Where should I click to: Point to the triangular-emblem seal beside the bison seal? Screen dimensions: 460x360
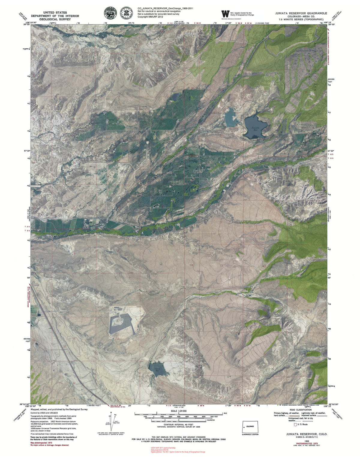pyautogui.click(x=126, y=13)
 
